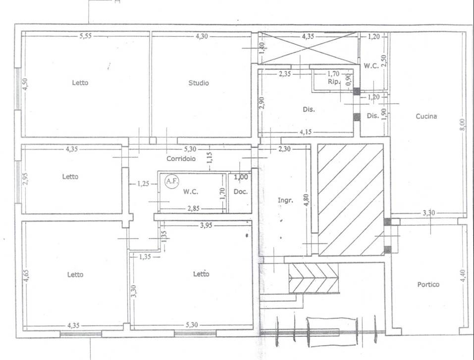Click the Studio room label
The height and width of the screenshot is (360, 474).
click(x=199, y=83)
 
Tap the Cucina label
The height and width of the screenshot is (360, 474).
click(x=426, y=116)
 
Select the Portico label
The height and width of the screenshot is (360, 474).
click(x=428, y=284)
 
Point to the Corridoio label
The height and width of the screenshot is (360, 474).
click(x=181, y=158)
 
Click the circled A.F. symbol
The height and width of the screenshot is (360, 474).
click(x=172, y=181)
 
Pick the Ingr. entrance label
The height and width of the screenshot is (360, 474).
click(x=285, y=200)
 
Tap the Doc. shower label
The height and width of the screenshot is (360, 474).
click(x=241, y=192)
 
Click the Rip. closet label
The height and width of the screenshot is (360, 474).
click(x=334, y=82)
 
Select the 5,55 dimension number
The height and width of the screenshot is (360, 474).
click(x=86, y=36)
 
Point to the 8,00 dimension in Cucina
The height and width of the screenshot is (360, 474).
click(x=463, y=124)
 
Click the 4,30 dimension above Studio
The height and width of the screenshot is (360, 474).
click(x=202, y=36)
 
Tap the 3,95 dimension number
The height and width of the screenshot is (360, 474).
click(x=206, y=225)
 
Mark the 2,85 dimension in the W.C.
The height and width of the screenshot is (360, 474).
click(x=194, y=208)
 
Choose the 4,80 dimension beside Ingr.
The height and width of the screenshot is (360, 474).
click(x=306, y=200)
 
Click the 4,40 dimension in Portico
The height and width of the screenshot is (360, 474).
click(x=463, y=276)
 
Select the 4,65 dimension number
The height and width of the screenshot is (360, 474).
click(x=26, y=276)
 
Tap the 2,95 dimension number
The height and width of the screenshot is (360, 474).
click(x=25, y=179)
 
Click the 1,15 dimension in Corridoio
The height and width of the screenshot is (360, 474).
click(x=210, y=157)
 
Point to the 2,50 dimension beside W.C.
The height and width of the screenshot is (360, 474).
click(x=384, y=61)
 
